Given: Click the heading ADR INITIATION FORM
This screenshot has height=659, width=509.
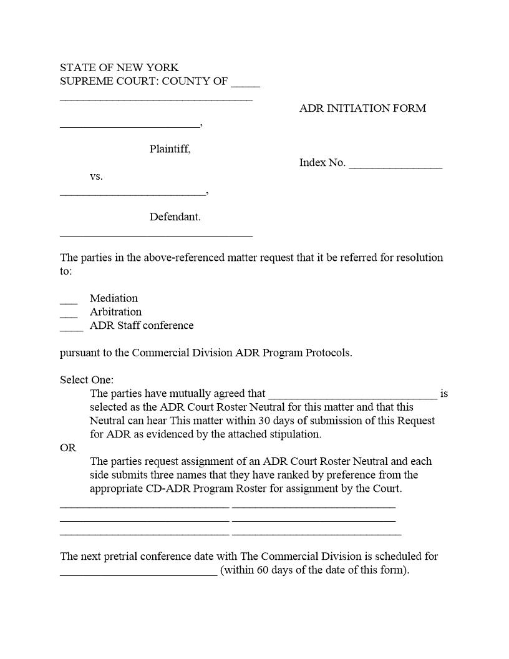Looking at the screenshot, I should point(362,109).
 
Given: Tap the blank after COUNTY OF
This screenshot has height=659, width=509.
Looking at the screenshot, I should point(245,84).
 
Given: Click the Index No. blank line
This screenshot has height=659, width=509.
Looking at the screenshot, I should point(395,165).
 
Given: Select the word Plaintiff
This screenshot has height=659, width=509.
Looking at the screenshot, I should point(170,149).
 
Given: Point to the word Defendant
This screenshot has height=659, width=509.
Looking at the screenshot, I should point(175,217).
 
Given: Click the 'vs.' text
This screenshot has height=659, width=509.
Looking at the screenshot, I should point(96,177).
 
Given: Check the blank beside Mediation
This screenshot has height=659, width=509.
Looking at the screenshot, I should point(69,301).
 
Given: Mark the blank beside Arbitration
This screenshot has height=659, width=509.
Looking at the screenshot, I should point(69,315).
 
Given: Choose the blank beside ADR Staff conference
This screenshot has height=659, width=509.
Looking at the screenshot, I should point(71,329).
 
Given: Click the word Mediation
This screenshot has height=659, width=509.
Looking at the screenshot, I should point(114,298).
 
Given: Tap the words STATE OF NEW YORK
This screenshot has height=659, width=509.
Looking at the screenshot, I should point(119,67).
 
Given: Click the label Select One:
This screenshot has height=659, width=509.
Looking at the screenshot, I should point(87,380).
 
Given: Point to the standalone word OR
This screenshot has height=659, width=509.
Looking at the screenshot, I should point(68,448).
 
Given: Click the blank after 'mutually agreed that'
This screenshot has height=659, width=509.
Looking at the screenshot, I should point(352,396).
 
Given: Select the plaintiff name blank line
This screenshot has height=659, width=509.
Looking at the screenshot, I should point(130,126).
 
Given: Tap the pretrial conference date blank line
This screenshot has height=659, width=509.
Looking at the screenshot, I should point(138,574).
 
